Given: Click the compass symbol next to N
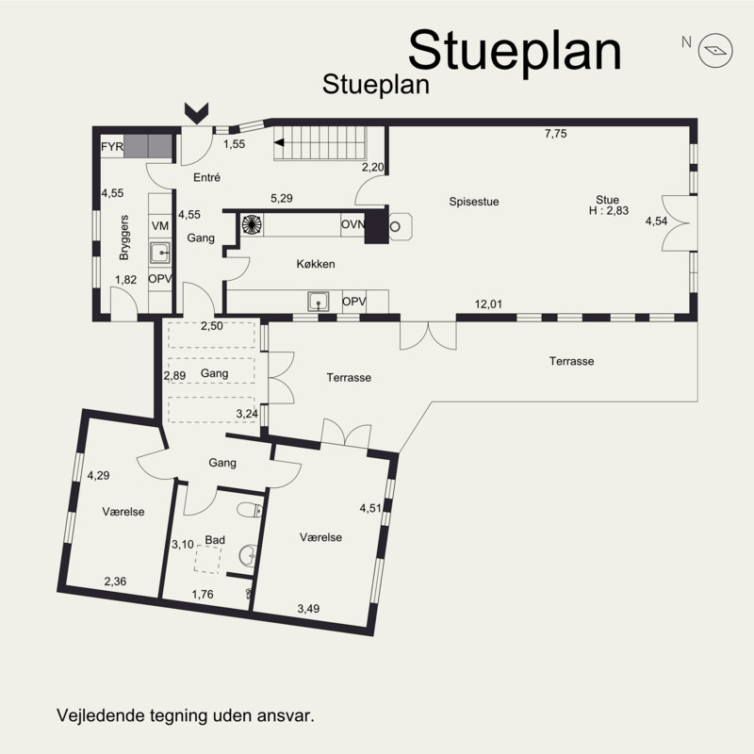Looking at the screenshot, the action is tap(715, 50).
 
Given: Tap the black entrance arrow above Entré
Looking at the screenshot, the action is tap(197, 113).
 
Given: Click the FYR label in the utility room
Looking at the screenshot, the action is tap(112, 146).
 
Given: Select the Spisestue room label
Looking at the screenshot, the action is tap(474, 202).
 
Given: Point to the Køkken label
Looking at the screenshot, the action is tap(316, 264).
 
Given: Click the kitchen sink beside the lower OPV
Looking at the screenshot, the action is tap(319, 302).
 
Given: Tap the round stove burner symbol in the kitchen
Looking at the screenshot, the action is tap(251, 224).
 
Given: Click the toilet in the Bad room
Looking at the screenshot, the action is tap(250, 510).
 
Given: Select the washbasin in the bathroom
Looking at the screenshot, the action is tap(247, 555).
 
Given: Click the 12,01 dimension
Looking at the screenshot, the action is tap(488, 303).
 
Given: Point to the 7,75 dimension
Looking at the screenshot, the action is tap(555, 134).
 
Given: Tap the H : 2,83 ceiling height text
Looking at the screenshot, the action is tap(608, 210).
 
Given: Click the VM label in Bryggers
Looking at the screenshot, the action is tap(160, 225).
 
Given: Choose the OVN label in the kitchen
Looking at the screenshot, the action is tap(352, 224).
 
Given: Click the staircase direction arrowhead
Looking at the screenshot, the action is tap(279, 142).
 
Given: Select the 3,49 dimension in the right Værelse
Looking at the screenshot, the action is tap(308, 609).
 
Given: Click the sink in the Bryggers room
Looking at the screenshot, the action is tap(159, 253).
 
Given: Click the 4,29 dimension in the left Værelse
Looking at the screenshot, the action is tap(98, 476).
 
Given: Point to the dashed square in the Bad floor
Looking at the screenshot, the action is tap(207, 559).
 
